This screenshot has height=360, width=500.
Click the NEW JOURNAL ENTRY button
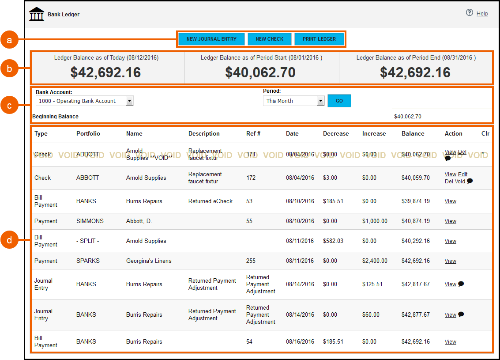click(211, 39)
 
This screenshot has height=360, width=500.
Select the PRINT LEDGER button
click(319, 39)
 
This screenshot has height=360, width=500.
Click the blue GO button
click(339, 101)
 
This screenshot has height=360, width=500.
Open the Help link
click(482, 14)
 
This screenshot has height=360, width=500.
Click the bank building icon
click(37, 14)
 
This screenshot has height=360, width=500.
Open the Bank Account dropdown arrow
click(129, 101)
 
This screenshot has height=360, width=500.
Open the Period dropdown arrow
click(321, 101)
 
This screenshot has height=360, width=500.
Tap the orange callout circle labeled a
click(9, 40)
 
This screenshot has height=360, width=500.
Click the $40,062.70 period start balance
click(260, 72)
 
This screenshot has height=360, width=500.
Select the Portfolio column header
click(88, 133)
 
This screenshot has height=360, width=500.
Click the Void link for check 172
click(460, 182)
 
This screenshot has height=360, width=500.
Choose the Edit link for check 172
click(462, 174)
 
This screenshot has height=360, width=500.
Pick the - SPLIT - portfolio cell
click(87, 241)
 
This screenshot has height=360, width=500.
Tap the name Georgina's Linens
click(149, 261)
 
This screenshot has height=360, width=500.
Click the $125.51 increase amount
click(372, 284)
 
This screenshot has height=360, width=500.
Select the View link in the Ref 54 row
click(450, 341)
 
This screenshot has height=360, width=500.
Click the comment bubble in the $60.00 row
click(461, 315)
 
